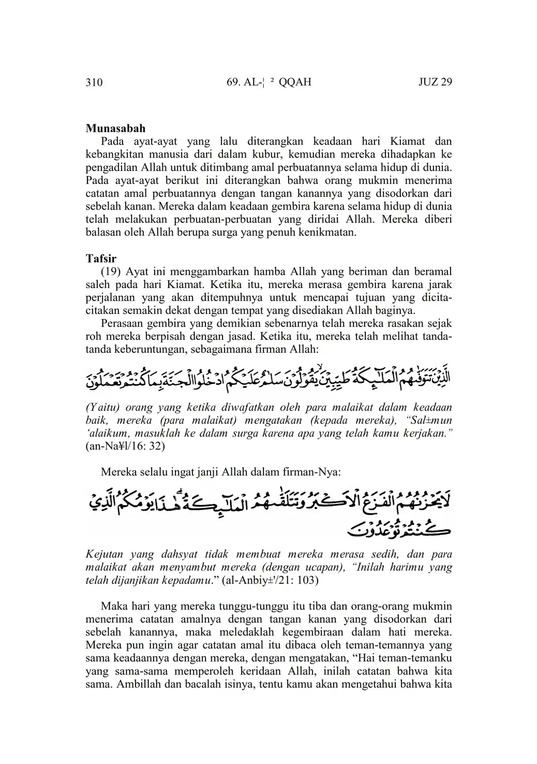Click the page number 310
point(94,82)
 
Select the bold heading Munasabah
point(115,128)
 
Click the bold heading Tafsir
point(101,258)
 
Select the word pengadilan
point(111,167)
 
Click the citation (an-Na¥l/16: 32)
point(125,446)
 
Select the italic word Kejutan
point(103,554)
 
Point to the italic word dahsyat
point(182,554)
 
